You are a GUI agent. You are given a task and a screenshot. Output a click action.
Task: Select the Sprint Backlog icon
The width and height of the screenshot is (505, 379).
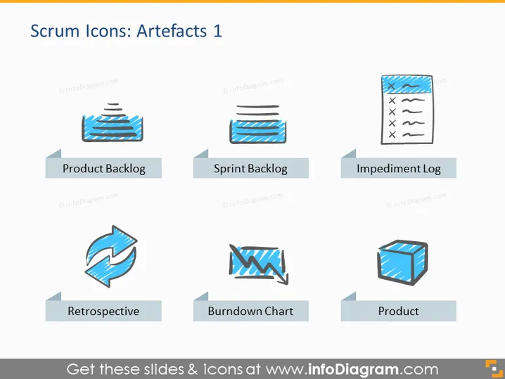click(257, 124)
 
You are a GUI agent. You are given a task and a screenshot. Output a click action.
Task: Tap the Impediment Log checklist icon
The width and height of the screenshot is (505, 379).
click(407, 110)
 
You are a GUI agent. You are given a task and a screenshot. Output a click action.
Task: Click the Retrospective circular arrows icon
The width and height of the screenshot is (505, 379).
click(111, 257)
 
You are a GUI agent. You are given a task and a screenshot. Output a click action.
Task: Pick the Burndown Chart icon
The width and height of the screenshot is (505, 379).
click(258, 264)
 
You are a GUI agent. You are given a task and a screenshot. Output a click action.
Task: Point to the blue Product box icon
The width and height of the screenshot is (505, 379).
click(402, 262)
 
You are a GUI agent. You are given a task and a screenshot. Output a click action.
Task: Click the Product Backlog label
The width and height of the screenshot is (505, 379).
click(103, 169)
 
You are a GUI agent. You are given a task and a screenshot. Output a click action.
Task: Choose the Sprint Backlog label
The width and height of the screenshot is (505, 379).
click(250, 169)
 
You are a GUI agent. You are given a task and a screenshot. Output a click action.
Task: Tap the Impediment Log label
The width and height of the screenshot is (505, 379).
click(399, 169)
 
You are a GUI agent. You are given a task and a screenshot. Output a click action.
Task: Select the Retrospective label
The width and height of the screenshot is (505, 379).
click(103, 311)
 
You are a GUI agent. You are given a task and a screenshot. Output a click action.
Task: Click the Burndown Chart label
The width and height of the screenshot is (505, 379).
click(250, 311)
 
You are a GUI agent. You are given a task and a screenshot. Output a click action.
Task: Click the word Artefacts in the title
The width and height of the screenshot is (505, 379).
click(172, 31)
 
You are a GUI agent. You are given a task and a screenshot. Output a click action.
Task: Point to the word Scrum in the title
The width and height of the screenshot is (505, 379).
click(55, 31)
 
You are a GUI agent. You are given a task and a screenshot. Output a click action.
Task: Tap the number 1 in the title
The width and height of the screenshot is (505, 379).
click(218, 31)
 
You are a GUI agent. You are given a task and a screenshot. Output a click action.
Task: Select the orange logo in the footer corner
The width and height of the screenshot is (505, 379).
click(494, 368)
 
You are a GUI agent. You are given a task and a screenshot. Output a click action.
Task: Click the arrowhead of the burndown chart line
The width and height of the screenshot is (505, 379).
click(283, 279)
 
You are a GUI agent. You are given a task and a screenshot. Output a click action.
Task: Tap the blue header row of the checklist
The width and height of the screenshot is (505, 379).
click(407, 84)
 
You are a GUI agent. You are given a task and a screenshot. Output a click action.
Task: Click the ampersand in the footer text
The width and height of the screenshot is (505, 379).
click(192, 369)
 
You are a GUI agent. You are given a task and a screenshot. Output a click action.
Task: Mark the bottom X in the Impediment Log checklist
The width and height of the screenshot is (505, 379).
click(392, 134)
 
